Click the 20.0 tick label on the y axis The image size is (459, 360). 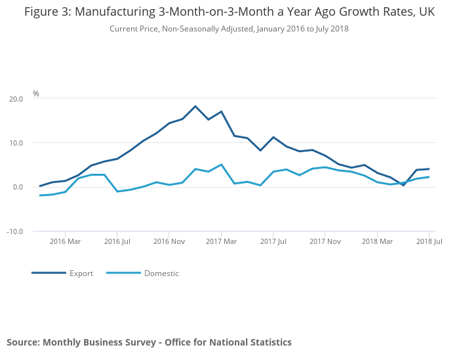coord(16,99)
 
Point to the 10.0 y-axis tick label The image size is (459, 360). coord(16,143)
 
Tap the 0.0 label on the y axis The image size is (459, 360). coord(18,187)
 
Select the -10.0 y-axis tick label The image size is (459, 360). coord(14,231)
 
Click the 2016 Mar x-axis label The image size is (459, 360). coord(65,241)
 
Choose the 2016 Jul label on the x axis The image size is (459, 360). coord(117,241)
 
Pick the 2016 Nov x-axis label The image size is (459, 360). coord(169,241)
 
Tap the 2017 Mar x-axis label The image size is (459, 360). coord(221,241)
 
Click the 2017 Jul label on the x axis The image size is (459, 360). coord(273,241)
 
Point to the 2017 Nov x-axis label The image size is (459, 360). coord(325,241)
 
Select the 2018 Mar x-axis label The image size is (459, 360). coord(377,241)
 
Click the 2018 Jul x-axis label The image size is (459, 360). coord(429,241)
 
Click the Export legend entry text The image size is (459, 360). coord(81,273)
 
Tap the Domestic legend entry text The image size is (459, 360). coord(161,273)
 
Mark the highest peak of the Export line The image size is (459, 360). coord(195,106)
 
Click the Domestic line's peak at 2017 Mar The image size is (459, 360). coord(222,165)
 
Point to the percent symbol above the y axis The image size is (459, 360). coord(35,93)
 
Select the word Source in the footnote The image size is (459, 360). coord(24,342)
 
